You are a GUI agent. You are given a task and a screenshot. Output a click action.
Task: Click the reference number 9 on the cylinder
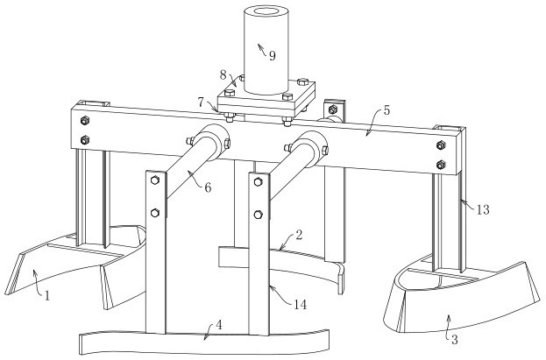(x=272, y=56)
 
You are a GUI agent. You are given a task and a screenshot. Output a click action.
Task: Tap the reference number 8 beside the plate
(x=223, y=75)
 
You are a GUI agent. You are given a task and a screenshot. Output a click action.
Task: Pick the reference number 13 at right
(x=482, y=210)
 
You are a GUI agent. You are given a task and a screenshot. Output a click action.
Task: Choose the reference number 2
(x=299, y=235)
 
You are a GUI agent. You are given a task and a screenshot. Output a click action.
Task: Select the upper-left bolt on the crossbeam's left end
(x=85, y=120)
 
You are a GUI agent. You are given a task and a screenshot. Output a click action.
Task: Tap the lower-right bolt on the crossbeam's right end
(x=440, y=163)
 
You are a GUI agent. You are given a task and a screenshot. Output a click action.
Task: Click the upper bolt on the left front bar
(x=155, y=180)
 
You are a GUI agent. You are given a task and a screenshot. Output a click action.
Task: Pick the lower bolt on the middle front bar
(x=259, y=215)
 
